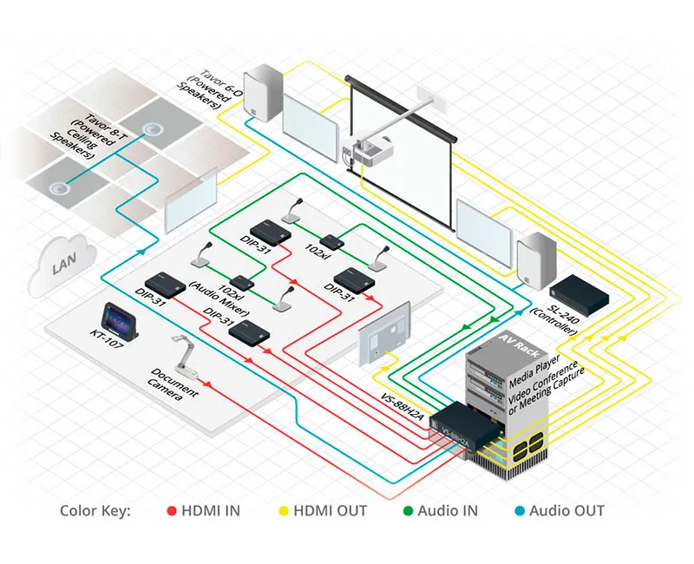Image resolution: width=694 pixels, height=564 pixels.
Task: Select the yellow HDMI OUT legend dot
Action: (x=284, y=511)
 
